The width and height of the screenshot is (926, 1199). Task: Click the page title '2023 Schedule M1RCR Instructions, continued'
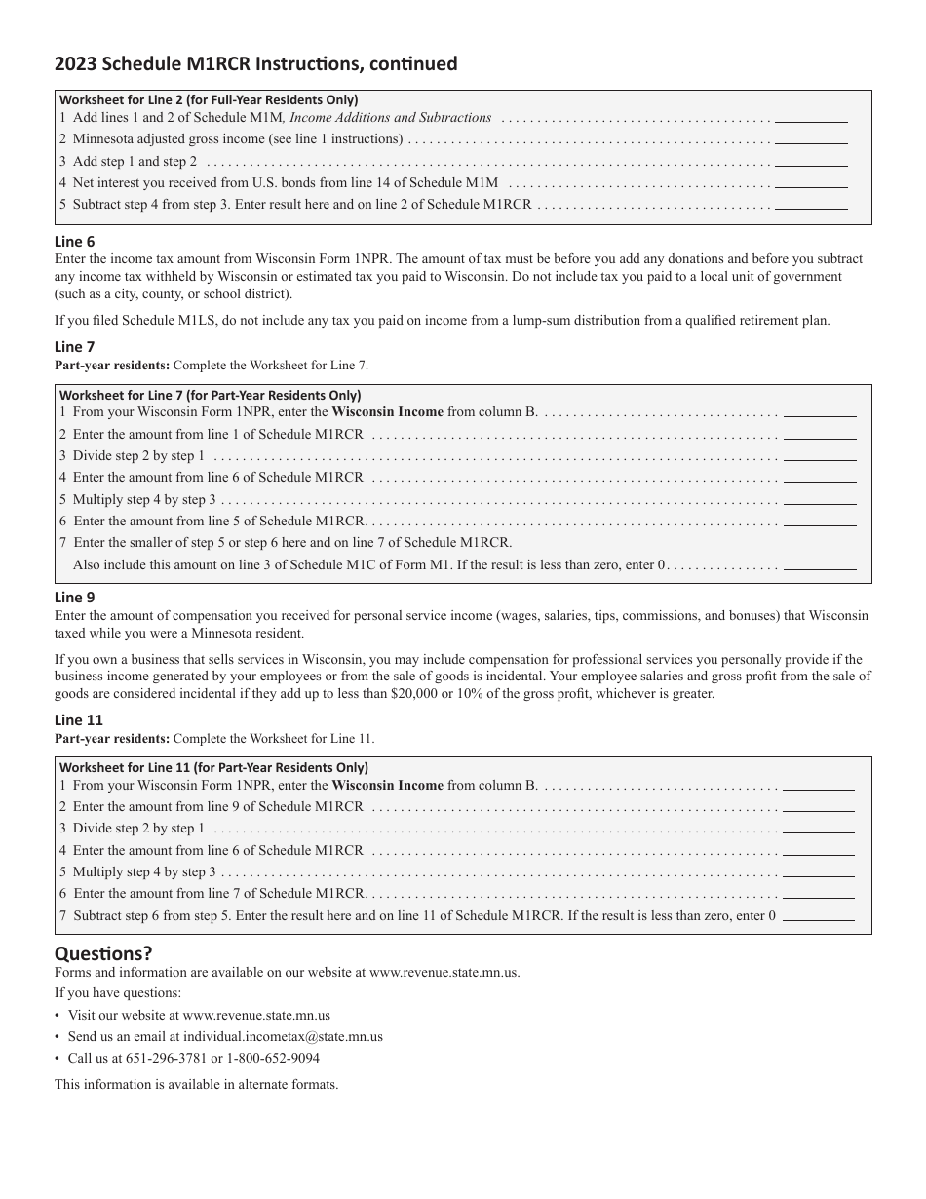tap(255, 64)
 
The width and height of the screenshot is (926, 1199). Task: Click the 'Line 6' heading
tap(75, 242)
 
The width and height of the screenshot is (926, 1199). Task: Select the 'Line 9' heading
tap(75, 598)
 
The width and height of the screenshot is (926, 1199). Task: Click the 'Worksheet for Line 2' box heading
tap(209, 99)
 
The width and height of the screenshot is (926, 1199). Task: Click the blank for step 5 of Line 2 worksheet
tap(811, 205)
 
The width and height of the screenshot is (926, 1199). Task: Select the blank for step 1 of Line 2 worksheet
tap(811, 118)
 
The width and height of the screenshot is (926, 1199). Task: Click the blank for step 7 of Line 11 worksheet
tap(819, 916)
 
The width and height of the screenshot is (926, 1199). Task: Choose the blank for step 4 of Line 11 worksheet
tap(819, 851)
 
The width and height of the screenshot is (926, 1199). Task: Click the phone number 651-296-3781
tap(167, 1059)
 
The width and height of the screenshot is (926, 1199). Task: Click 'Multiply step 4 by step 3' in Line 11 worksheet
tap(144, 872)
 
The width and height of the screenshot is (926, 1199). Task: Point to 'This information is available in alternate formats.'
tap(197, 1084)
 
